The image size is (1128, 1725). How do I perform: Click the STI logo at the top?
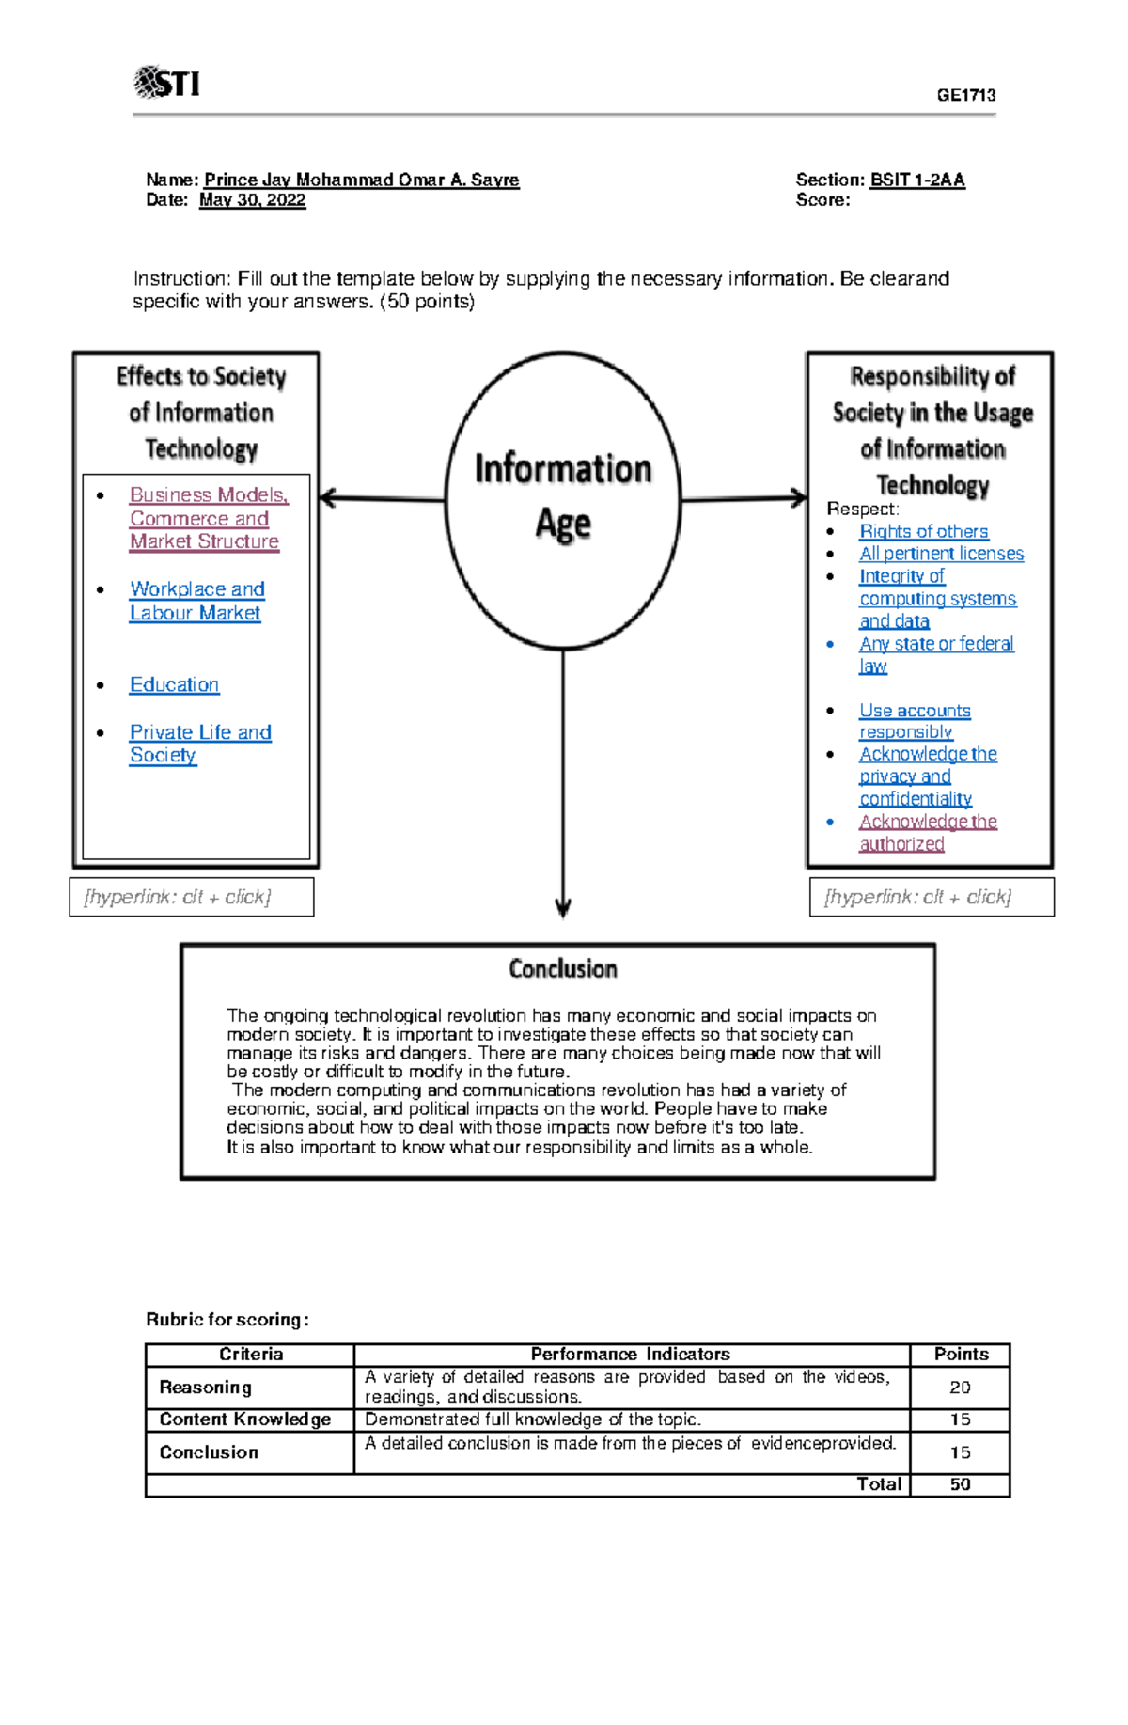167,83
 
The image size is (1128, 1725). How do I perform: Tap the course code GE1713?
965,95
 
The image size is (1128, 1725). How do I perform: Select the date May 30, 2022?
252,200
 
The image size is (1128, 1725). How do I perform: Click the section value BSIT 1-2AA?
917,180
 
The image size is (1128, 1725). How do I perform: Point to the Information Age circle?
562,498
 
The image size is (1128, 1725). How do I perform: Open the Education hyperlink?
174,684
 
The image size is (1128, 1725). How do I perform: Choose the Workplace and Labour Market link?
196,601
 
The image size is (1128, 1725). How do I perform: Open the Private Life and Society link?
199,744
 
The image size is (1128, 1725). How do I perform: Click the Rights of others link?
923,531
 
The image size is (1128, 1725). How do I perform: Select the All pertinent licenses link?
941,554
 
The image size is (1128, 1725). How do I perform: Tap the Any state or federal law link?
935,654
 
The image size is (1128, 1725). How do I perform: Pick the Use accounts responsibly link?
914,721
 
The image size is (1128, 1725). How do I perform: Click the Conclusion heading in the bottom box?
562,969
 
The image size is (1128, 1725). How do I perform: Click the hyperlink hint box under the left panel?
192,897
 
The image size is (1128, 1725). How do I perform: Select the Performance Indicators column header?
630,1355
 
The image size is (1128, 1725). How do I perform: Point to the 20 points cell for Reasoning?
960,1388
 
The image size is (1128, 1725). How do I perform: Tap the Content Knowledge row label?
244,1419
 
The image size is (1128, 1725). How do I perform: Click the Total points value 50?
960,1484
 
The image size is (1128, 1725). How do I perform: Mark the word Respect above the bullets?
861,509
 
